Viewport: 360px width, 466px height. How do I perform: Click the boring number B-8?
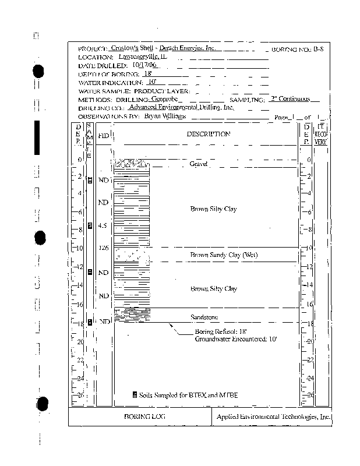(317, 50)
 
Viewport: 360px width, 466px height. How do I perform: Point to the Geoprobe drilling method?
(164, 99)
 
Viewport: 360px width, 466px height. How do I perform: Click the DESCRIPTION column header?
(208, 134)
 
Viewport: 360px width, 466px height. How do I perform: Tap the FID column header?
(103, 135)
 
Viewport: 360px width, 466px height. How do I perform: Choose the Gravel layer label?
(199, 164)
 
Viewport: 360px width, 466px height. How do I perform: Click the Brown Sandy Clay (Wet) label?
(224, 255)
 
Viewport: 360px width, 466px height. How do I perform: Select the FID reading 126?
(104, 248)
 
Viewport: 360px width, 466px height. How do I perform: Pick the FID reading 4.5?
(103, 225)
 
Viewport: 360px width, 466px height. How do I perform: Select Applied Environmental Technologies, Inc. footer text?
(273, 417)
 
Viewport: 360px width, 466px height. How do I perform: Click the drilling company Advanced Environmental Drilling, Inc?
(181, 107)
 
